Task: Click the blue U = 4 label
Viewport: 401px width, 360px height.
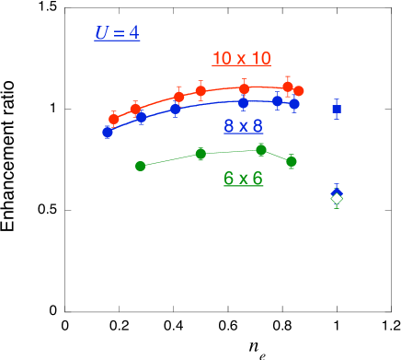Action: pyautogui.click(x=117, y=33)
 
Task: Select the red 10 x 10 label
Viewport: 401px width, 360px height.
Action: pyautogui.click(x=241, y=59)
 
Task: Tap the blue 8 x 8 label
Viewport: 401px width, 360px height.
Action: pyautogui.click(x=243, y=126)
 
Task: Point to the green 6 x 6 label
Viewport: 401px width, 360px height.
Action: pyautogui.click(x=243, y=179)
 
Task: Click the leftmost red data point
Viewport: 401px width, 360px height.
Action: pyautogui.click(x=114, y=119)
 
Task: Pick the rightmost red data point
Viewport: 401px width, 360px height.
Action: pyautogui.click(x=299, y=91)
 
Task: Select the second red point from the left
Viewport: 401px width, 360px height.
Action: pyautogui.click(x=135, y=109)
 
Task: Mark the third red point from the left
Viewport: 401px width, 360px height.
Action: pyautogui.click(x=179, y=96)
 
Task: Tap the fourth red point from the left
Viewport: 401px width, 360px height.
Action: pyautogui.click(x=200, y=90)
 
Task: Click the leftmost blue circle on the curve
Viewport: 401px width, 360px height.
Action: pyautogui.click(x=108, y=132)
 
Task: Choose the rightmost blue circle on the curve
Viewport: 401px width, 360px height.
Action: pyautogui.click(x=294, y=104)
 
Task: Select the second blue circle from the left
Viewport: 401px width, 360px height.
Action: pyautogui.click(x=142, y=118)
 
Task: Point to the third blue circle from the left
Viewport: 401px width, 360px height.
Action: pyautogui.click(x=176, y=109)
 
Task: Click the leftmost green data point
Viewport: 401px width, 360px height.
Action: pyautogui.click(x=140, y=167)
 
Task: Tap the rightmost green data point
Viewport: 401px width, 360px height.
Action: pyautogui.click(x=292, y=161)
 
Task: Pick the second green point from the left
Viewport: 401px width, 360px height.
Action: pyautogui.click(x=200, y=154)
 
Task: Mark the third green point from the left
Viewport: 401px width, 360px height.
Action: pyautogui.click(x=261, y=149)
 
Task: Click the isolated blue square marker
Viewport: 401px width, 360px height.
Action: pyautogui.click(x=337, y=109)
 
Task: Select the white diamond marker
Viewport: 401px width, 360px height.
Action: pyautogui.click(x=337, y=198)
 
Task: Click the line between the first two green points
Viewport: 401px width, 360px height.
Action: pyautogui.click(x=170, y=160)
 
